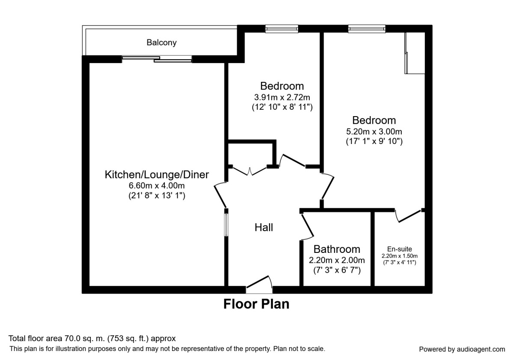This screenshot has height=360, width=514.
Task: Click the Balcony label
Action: pos(161,42)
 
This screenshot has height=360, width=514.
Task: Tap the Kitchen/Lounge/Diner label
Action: pos(157,175)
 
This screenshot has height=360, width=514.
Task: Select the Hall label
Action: pos(264,228)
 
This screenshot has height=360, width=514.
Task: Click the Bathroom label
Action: pos(337,249)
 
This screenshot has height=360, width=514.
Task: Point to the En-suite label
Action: pos(399,249)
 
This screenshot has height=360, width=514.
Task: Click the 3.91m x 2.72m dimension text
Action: pos(282,97)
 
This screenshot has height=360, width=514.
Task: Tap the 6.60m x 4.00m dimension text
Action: pos(157,186)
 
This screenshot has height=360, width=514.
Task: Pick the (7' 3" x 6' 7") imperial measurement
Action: pos(337,270)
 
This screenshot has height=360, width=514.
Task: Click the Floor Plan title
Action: pos(256,304)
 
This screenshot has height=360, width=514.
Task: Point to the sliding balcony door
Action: pos(156,59)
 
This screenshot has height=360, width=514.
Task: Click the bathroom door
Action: pos(307,226)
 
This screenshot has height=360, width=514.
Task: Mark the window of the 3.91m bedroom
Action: pos(281,29)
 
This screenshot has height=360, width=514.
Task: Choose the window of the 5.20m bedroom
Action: pos(367,29)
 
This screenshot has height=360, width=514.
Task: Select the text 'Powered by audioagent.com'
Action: pos(462,349)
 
